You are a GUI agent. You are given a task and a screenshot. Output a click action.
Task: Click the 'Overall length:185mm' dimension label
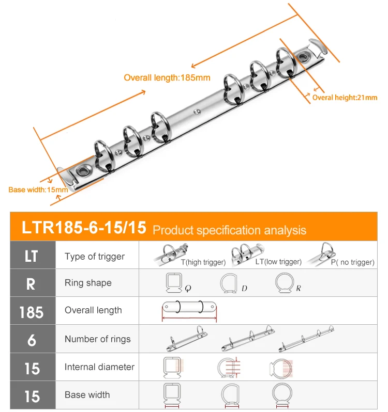tap(167, 78)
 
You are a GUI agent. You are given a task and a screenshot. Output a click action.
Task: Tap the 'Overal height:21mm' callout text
tap(345, 98)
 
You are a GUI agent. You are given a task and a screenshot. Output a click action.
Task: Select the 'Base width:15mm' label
tap(38, 189)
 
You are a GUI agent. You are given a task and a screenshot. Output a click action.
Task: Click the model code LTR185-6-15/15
tap(84, 227)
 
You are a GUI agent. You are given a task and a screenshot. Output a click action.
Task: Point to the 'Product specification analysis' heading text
tap(229, 230)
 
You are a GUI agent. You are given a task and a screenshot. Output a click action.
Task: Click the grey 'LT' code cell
tap(33, 255)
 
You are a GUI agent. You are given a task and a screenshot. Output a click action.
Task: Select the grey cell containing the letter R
tap(33, 283)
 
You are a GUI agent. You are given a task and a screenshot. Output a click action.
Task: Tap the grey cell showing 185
tap(33, 311)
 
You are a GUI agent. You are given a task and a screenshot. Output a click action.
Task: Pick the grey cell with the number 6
tap(33, 339)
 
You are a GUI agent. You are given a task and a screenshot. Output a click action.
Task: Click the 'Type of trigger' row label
tap(95, 257)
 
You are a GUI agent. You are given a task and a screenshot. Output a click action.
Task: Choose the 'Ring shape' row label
tap(88, 283)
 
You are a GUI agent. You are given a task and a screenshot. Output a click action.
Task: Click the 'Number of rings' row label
tap(97, 339)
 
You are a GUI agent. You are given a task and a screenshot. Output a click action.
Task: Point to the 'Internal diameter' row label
tap(99, 367)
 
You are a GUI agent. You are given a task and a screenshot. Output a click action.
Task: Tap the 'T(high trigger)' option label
tap(203, 262)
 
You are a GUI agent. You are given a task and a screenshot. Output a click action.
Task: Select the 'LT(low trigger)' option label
tap(278, 262)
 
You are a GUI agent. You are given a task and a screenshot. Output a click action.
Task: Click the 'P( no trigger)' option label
tap(352, 262)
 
